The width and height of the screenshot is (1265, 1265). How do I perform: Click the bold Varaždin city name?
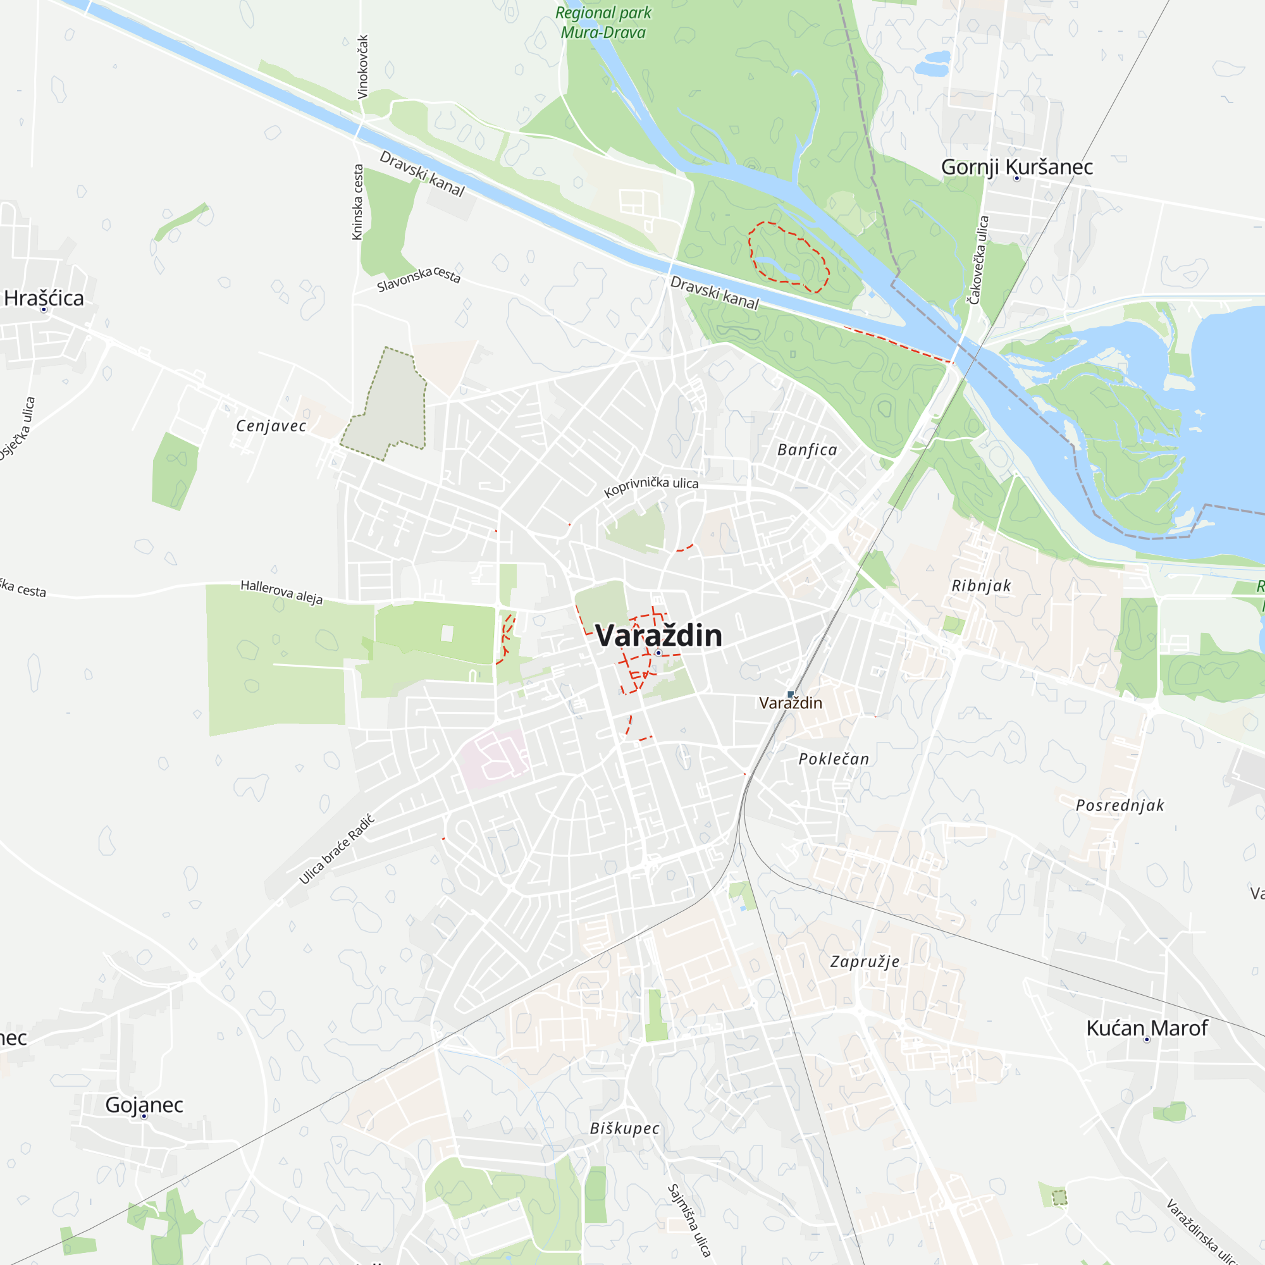658,636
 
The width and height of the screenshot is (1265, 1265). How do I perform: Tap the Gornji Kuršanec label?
1016,167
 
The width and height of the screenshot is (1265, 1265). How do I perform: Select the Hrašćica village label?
44,299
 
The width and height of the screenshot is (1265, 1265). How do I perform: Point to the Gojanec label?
144,1104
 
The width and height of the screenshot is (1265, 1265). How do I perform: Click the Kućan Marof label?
1147,1028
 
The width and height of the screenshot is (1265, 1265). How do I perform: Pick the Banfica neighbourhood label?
806,450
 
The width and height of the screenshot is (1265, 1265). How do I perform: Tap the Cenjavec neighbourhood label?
271,426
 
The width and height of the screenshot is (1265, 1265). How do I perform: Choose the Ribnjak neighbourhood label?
981,586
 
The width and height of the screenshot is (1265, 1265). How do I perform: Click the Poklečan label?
834,759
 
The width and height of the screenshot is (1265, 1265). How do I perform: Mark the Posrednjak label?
1120,805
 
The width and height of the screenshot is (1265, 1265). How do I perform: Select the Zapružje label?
864,962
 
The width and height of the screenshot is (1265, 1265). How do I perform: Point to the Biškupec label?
624,1128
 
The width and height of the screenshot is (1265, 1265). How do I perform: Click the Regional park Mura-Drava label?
603,22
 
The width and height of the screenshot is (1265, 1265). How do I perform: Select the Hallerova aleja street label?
281,592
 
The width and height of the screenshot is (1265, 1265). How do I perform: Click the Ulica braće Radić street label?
336,849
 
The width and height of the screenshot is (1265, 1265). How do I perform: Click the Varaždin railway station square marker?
790,694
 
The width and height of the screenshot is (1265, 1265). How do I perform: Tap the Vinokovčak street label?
362,67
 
